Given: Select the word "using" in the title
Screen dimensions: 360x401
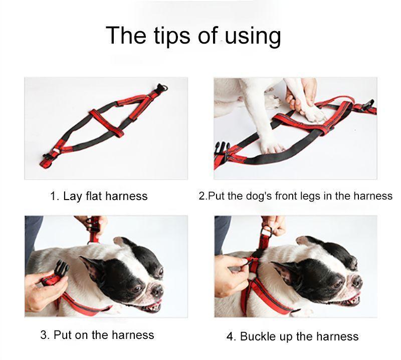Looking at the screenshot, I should (253, 37).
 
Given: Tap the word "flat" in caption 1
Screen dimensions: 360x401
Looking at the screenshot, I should (95, 196).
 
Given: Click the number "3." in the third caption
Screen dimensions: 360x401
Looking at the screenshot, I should (45, 334).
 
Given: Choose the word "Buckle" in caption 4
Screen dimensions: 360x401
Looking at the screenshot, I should (260, 336).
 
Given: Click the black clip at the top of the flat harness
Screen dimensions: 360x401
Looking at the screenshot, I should (161, 88).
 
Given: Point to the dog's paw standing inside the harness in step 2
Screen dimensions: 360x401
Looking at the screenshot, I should (271, 146).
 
